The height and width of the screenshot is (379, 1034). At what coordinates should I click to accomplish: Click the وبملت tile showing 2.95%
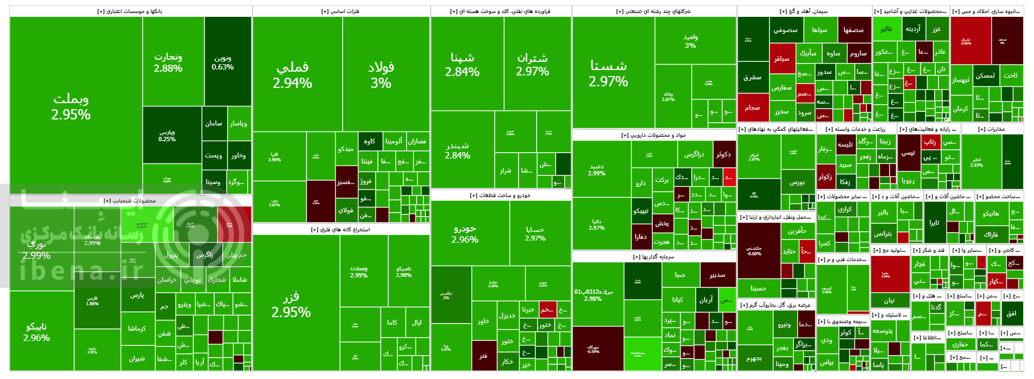(x=71, y=106)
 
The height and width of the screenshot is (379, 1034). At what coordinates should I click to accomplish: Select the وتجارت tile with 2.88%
(x=168, y=62)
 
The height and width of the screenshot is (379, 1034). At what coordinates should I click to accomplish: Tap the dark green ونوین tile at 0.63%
(x=223, y=62)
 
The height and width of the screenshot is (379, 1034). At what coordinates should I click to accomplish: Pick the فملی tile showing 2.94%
(x=292, y=74)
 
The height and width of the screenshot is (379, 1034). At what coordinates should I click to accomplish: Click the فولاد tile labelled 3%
(x=381, y=74)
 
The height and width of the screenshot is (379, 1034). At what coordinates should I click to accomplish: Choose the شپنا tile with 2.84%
(x=462, y=64)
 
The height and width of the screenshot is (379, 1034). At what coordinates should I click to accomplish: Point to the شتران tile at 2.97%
(x=532, y=64)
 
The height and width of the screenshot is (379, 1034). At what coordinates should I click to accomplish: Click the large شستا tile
(x=608, y=73)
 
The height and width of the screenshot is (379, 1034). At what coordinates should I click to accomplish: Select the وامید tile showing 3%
(x=690, y=41)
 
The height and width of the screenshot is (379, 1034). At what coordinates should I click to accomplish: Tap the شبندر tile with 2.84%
(x=457, y=150)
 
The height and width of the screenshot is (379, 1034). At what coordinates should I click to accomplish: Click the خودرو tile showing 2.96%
(x=465, y=234)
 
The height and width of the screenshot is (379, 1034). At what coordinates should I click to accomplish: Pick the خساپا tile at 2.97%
(x=535, y=233)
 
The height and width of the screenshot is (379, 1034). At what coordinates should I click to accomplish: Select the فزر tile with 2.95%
(x=291, y=304)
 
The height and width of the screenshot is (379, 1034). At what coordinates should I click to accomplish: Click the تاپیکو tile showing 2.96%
(x=36, y=331)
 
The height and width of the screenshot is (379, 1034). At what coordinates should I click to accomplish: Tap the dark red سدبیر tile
(x=717, y=275)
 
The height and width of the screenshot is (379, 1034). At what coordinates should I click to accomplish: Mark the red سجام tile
(x=752, y=108)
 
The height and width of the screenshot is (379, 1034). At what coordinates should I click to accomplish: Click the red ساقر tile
(x=781, y=59)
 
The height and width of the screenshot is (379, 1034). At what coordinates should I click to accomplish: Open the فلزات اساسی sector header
(x=341, y=11)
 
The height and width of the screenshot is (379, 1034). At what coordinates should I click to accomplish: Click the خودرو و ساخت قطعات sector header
(x=500, y=195)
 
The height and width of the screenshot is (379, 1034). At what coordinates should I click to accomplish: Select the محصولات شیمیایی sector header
(x=130, y=201)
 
